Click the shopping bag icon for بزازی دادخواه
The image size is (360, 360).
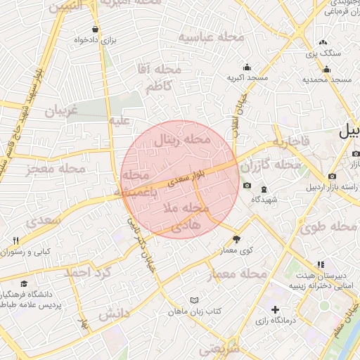95,30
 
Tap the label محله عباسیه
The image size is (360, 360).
211,37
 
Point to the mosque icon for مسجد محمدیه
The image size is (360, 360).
326,69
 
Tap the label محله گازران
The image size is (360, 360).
271,165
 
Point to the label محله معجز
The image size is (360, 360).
56,169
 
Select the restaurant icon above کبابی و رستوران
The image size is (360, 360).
16,240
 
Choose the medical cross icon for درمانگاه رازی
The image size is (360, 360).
274,309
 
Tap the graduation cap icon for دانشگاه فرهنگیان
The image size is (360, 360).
25,284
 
